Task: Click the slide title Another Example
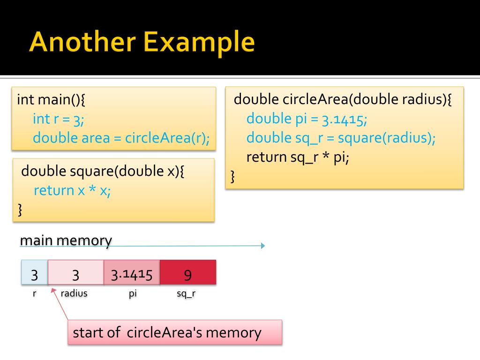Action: click(x=142, y=42)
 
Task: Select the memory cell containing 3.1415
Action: click(x=132, y=272)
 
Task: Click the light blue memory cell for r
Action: click(x=34, y=272)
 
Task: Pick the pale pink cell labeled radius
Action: click(x=76, y=272)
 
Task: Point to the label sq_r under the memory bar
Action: click(x=186, y=294)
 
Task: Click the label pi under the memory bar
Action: click(x=132, y=294)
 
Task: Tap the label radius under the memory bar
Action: click(x=74, y=294)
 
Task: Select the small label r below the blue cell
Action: click(x=34, y=294)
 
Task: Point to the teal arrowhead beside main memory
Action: click(x=263, y=246)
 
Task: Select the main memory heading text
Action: click(x=66, y=240)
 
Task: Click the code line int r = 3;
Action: click(x=59, y=119)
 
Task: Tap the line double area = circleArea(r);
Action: click(x=121, y=138)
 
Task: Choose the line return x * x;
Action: click(x=72, y=190)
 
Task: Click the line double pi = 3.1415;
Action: click(x=307, y=119)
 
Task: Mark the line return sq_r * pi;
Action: click(x=298, y=157)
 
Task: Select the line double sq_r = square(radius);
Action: click(x=341, y=138)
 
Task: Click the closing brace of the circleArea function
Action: click(x=233, y=177)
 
